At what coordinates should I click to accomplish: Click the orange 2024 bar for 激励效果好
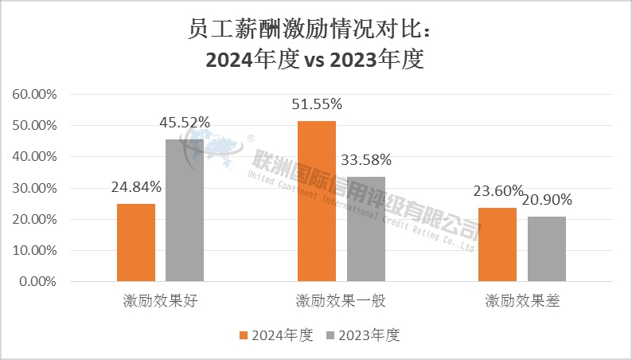coord(136,242)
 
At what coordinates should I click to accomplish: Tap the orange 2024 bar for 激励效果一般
coord(317,201)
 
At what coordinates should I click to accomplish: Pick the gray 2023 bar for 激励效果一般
coord(365,229)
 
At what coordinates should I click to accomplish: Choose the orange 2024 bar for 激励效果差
coord(497,244)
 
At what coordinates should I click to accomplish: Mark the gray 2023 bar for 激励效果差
coord(546,248)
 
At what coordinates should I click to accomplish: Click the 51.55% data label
coord(317,104)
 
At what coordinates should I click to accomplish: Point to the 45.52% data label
coord(185,123)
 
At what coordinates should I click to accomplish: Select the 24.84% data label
coord(136,187)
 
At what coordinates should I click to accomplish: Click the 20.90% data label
coord(546,199)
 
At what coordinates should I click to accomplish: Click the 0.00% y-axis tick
coord(37,281)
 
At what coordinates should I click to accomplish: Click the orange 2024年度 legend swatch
coord(244,335)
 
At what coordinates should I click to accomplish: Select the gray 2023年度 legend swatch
coord(331,335)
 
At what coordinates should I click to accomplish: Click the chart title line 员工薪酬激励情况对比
coord(315,30)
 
